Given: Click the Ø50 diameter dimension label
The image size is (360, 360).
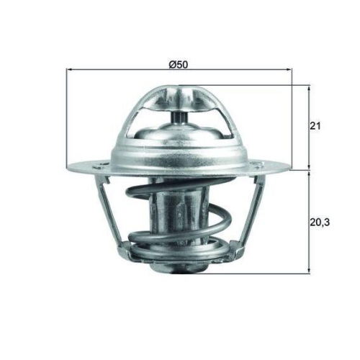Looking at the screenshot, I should pyautogui.click(x=179, y=63).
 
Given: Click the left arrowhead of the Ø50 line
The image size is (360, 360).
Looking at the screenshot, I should pyautogui.click(x=69, y=71).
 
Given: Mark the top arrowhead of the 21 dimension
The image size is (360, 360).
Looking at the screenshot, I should pyautogui.click(x=309, y=88).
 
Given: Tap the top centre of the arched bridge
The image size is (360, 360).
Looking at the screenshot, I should pyautogui.click(x=178, y=90).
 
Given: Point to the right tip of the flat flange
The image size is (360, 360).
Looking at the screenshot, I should pyautogui.click(x=290, y=170).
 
